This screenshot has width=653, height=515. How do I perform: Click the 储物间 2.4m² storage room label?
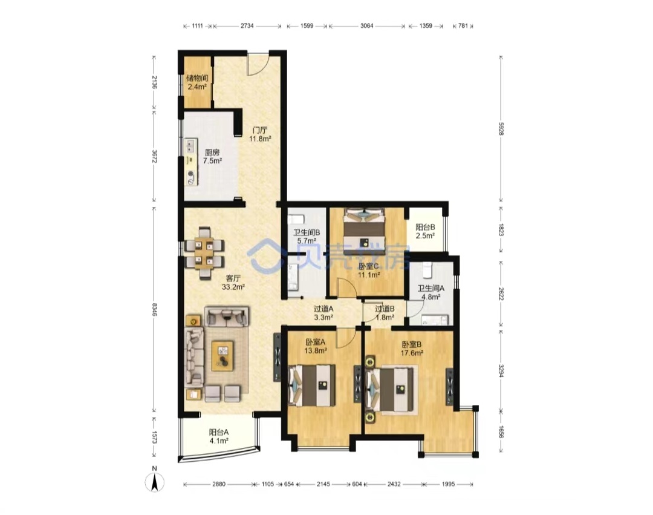(x=197, y=82)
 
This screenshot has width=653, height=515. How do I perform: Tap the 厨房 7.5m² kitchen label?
(x=212, y=157)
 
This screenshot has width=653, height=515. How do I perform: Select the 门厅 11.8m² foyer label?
(x=260, y=134)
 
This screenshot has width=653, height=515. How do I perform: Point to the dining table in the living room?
(x=204, y=252)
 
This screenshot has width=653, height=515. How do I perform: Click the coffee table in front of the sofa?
(x=222, y=355)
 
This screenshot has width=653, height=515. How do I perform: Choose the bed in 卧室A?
(x=312, y=385)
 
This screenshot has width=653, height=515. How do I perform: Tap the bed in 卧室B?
(x=391, y=390)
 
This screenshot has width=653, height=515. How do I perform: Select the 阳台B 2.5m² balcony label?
(x=425, y=231)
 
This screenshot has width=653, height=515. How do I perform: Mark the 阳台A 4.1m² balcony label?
(x=219, y=436)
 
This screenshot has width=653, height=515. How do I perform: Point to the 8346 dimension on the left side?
(x=155, y=309)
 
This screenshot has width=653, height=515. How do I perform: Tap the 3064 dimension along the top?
(x=366, y=26)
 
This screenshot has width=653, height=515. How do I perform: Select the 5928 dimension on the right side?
(x=501, y=129)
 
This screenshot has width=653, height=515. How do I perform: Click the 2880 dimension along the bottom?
(x=219, y=484)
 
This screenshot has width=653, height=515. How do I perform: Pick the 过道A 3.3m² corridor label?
(x=323, y=313)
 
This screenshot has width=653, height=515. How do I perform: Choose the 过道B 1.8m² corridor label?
(x=385, y=313)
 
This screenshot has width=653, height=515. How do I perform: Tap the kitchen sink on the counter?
(x=191, y=146)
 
